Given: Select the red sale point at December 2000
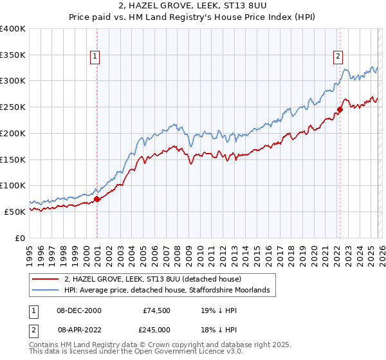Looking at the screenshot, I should pos(97,199).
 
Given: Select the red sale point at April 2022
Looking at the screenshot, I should pos(340,109).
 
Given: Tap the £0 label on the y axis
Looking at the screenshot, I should pos(19,238).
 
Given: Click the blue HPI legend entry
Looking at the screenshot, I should pos(170,291).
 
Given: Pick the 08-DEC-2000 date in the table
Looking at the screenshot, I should pos(80,310).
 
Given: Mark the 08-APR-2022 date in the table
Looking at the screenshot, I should pos(80,329).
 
